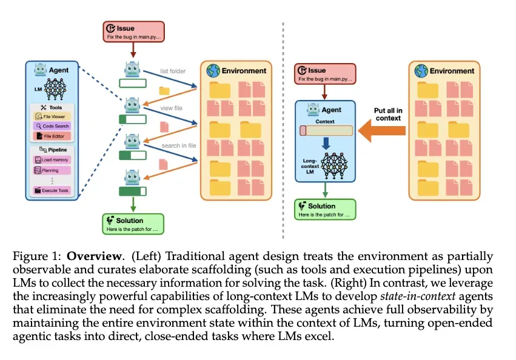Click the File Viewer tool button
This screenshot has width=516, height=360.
(x=53, y=116)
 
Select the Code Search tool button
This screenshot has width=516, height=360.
(x=53, y=126)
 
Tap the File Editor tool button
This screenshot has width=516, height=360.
(x=53, y=136)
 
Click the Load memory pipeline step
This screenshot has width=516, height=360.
(x=52, y=160)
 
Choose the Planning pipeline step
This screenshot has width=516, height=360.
(x=52, y=170)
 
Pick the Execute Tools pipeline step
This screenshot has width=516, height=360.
(x=52, y=190)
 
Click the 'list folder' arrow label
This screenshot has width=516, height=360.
(x=173, y=72)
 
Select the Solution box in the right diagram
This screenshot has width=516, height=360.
(x=325, y=208)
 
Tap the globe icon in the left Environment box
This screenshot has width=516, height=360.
(x=213, y=70)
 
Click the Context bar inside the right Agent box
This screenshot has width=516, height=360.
(x=326, y=130)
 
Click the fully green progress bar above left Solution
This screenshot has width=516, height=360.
(x=132, y=192)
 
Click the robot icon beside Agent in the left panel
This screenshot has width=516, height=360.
(x=41, y=70)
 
